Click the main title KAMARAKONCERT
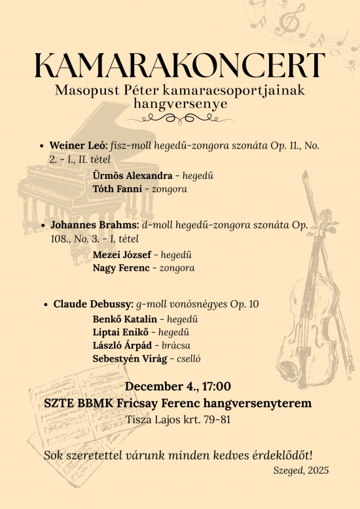coord(179,66)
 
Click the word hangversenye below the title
coord(179,104)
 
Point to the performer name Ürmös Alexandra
coord(133,176)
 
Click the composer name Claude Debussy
coord(93,304)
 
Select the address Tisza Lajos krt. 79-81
coord(179,419)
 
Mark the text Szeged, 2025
coord(300,470)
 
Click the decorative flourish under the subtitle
coord(179,119)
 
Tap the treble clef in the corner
coord(287,18)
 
